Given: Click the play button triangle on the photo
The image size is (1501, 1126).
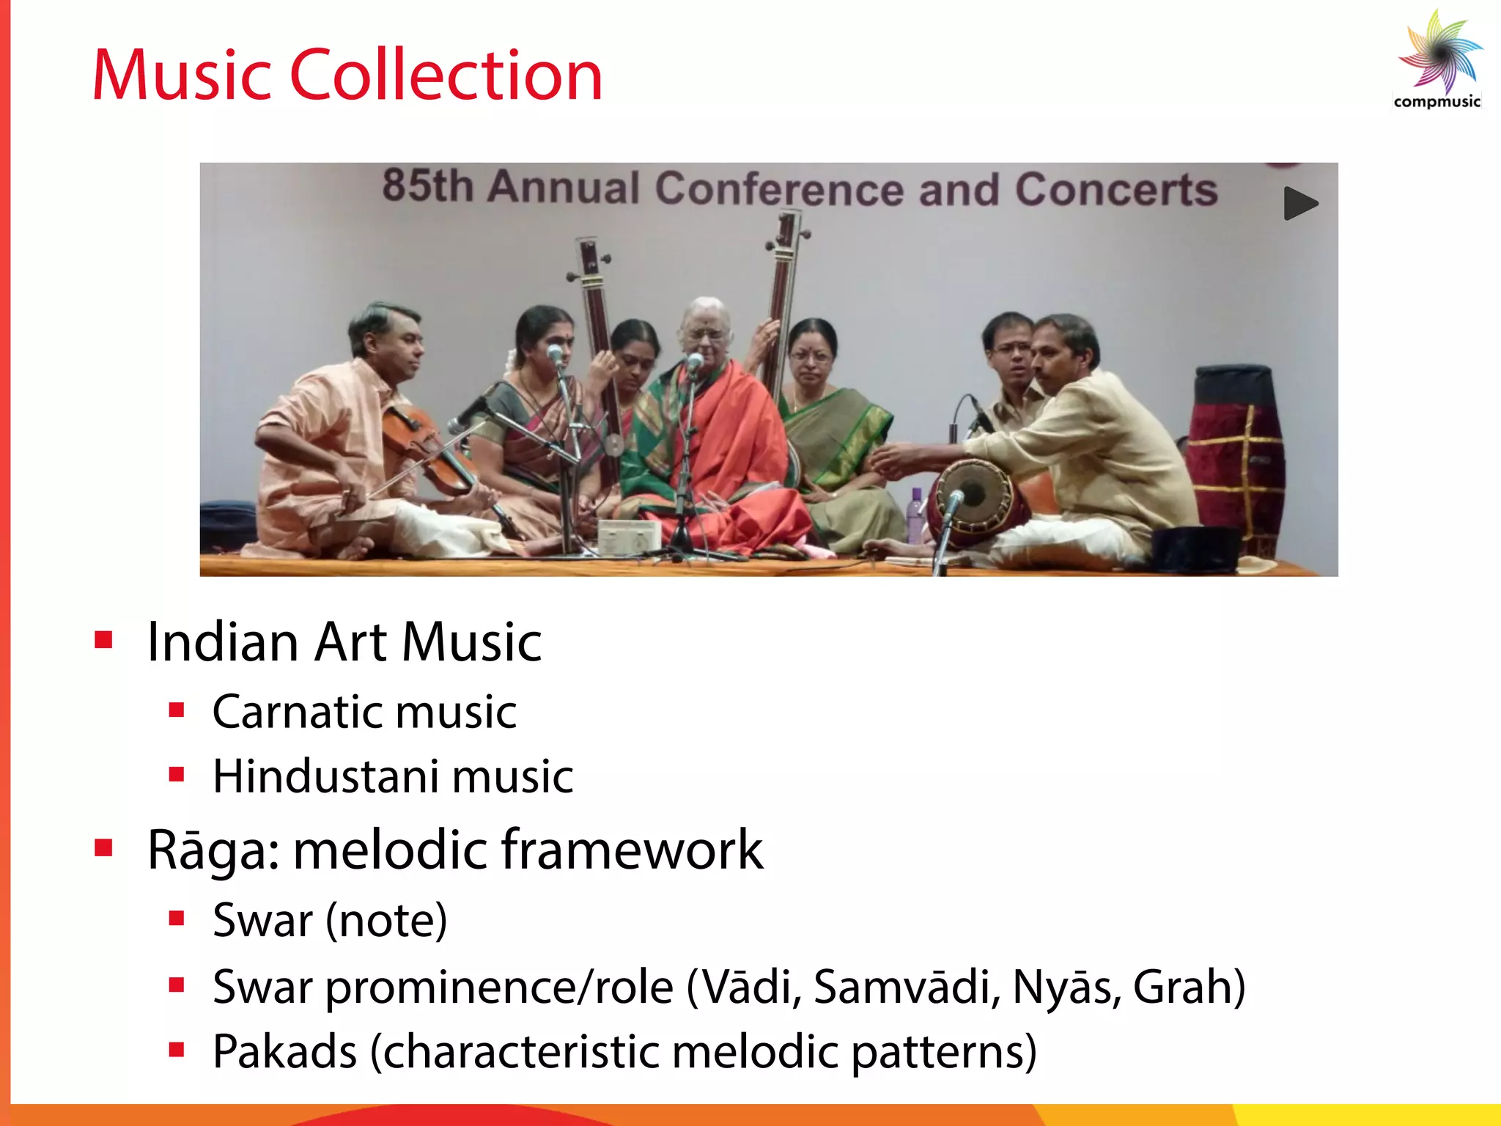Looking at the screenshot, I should pyautogui.click(x=1299, y=204).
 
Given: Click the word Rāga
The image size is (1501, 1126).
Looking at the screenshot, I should pyautogui.click(x=213, y=850).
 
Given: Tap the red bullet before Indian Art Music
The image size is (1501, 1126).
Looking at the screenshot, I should pyautogui.click(x=103, y=641).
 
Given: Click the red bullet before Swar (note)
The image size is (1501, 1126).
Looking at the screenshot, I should pyautogui.click(x=176, y=919).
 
